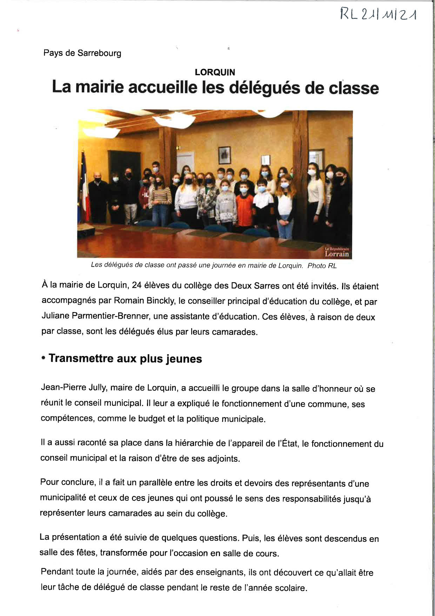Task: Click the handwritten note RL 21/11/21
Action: click(x=378, y=14)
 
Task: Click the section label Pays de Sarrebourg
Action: click(x=82, y=53)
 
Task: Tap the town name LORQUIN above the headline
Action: click(x=215, y=72)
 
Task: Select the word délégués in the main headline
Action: click(x=265, y=88)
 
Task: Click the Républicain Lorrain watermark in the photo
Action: click(x=336, y=252)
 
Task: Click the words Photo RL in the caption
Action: click(x=322, y=266)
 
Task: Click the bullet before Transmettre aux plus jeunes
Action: click(x=43, y=358)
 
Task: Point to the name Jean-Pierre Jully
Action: click(x=74, y=388)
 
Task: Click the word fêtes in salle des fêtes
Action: click(x=86, y=553)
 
